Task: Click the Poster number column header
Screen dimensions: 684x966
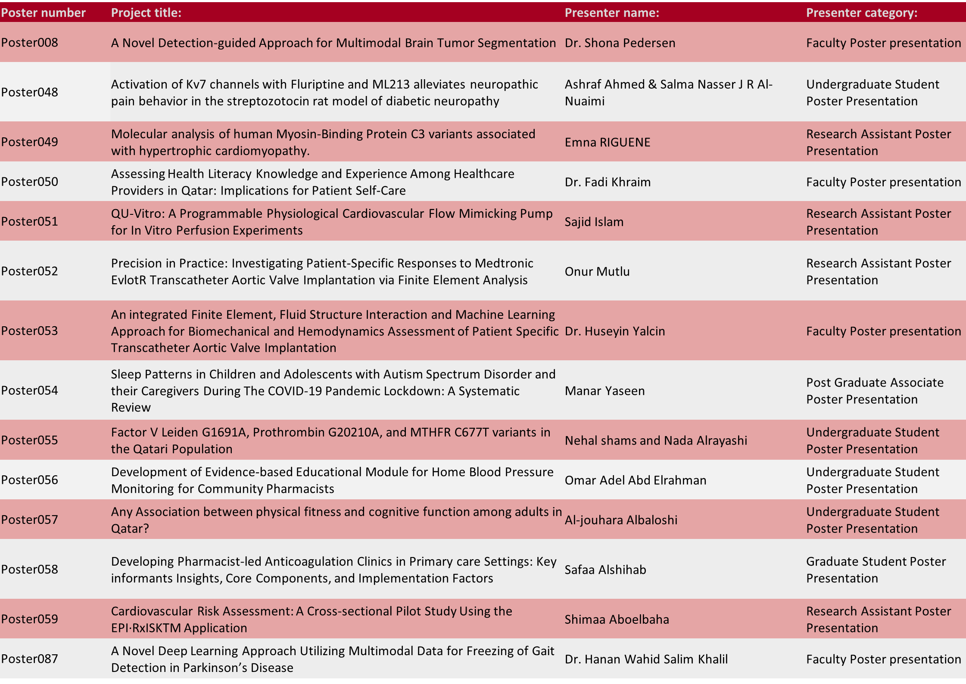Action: pos(43,13)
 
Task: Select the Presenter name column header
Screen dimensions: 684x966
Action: pos(611,13)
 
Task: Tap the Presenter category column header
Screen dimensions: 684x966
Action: pos(861,13)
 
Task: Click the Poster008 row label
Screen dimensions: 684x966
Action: pos(30,43)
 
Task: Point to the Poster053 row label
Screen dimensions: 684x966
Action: pos(30,331)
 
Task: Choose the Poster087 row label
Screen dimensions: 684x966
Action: pos(30,659)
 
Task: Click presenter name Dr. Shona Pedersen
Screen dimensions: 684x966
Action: pos(620,43)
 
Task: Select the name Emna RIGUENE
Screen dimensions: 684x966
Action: pos(607,142)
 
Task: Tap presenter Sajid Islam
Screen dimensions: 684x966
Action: pos(594,222)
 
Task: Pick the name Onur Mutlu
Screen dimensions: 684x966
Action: pos(597,272)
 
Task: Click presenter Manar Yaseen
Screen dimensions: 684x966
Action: pos(605,391)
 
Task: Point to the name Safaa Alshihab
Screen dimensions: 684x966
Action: pos(605,570)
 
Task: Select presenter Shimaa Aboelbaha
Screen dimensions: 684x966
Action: pos(617,619)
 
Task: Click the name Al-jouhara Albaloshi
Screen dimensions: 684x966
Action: pos(620,520)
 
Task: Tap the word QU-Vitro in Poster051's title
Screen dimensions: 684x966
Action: pos(137,214)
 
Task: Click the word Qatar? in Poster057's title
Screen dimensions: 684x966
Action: pos(130,529)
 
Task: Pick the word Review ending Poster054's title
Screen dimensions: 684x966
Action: pos(131,408)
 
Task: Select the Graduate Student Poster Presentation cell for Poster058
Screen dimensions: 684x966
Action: pos(876,570)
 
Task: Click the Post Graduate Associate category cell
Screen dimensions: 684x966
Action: pos(874,391)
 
